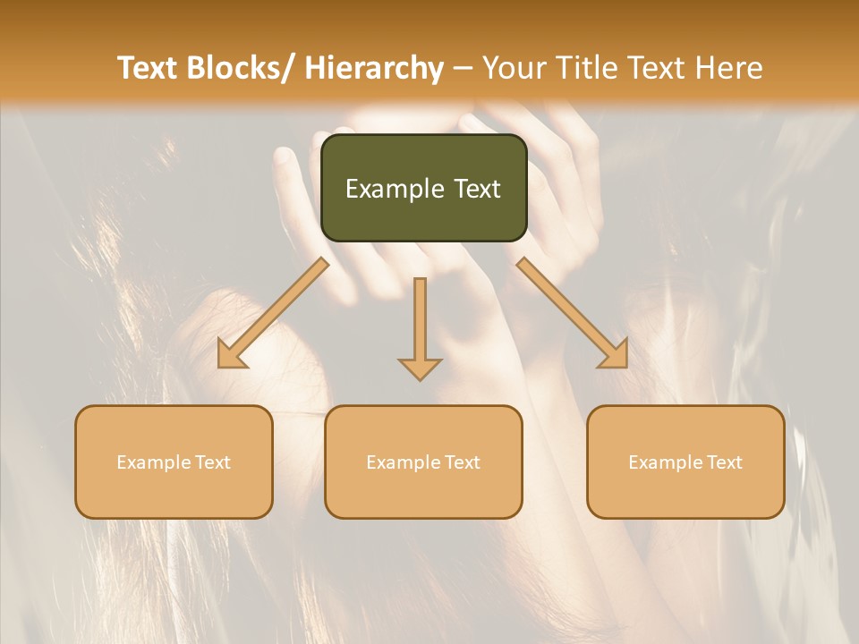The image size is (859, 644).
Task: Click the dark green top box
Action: pyautogui.click(x=423, y=188)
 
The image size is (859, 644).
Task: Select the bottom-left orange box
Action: pyautogui.click(x=174, y=462)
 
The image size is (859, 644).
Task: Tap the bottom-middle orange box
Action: pyautogui.click(x=423, y=462)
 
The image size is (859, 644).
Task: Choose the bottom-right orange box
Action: pyautogui.click(x=685, y=462)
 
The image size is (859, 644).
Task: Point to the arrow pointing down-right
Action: pyautogui.click(x=573, y=313)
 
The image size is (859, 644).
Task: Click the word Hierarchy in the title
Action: pyautogui.click(x=374, y=68)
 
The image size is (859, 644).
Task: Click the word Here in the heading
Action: pyautogui.click(x=728, y=68)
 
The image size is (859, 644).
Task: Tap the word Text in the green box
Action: pyautogui.click(x=475, y=189)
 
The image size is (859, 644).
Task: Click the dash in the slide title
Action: pyautogui.click(x=463, y=69)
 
